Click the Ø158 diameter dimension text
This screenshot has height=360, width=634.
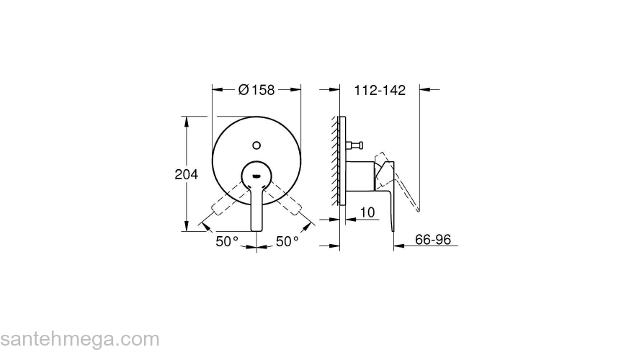click(256, 90)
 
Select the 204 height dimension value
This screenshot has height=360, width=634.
click(187, 174)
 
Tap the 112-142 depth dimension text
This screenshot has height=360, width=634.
click(380, 90)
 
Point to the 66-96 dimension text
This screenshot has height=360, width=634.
click(433, 240)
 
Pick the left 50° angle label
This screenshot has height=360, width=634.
click(226, 242)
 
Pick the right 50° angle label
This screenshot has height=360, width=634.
click(287, 242)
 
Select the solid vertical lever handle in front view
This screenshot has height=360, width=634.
click(256, 209)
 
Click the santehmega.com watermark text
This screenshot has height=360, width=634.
click(79, 339)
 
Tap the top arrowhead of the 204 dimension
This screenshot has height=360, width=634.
click(187, 120)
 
